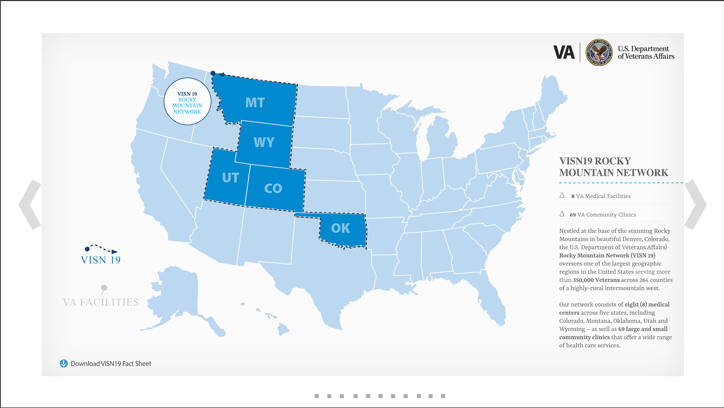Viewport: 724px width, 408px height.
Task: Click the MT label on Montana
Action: pos(255,103)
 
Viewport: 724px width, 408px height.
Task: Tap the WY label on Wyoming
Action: pos(264,142)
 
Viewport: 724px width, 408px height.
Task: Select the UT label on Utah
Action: pos(230,177)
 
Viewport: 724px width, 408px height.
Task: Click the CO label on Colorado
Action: pos(273,188)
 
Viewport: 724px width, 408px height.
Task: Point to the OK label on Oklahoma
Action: pos(341,228)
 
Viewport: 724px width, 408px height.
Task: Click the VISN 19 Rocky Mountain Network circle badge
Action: pos(187,102)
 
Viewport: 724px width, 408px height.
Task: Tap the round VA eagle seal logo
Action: pos(599,52)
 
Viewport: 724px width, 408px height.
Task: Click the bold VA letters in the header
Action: pos(564,52)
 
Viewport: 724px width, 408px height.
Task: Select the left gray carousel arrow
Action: pos(30,205)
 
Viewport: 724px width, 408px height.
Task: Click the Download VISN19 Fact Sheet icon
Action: pos(64,364)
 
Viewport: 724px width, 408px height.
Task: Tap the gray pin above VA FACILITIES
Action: pos(104,288)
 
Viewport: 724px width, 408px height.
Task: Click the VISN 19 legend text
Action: pos(101,260)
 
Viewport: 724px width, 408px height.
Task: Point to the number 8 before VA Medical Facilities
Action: pos(573,196)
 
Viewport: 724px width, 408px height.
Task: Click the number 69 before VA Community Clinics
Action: pos(572,215)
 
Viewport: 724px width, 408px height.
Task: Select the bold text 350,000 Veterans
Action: pos(596,280)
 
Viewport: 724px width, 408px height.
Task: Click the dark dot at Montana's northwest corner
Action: pos(213,73)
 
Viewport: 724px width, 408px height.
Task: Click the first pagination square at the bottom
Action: pos(317,396)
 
